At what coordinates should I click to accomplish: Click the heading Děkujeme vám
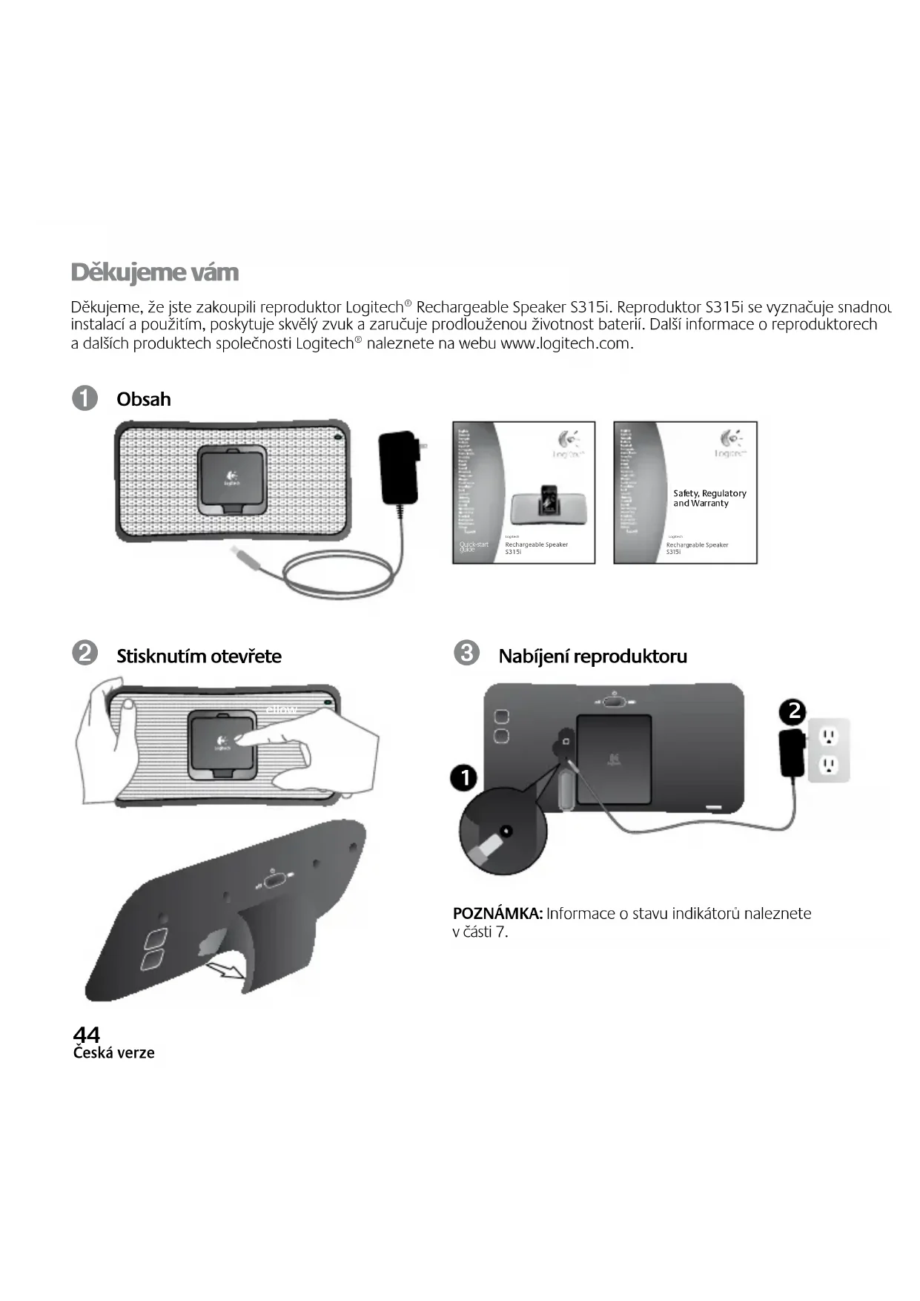(155, 272)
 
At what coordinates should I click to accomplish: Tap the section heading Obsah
(143, 399)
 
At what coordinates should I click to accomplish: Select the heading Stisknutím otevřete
(199, 656)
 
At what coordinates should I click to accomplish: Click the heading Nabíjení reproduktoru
(592, 656)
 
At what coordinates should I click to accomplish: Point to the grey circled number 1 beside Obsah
(85, 398)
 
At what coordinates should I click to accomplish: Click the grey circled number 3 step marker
(466, 653)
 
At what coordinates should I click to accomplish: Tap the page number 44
(86, 1033)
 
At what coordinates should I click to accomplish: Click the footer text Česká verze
(113, 1053)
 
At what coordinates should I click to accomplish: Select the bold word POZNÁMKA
(497, 913)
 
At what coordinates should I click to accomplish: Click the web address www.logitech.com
(566, 343)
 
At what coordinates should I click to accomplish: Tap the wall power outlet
(828, 750)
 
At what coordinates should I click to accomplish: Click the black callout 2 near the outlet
(793, 711)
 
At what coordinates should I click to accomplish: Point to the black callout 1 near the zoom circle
(465, 778)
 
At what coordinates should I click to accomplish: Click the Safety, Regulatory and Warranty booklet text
(709, 498)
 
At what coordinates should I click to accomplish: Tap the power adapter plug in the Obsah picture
(400, 467)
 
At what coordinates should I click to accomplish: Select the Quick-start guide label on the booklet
(473, 547)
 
